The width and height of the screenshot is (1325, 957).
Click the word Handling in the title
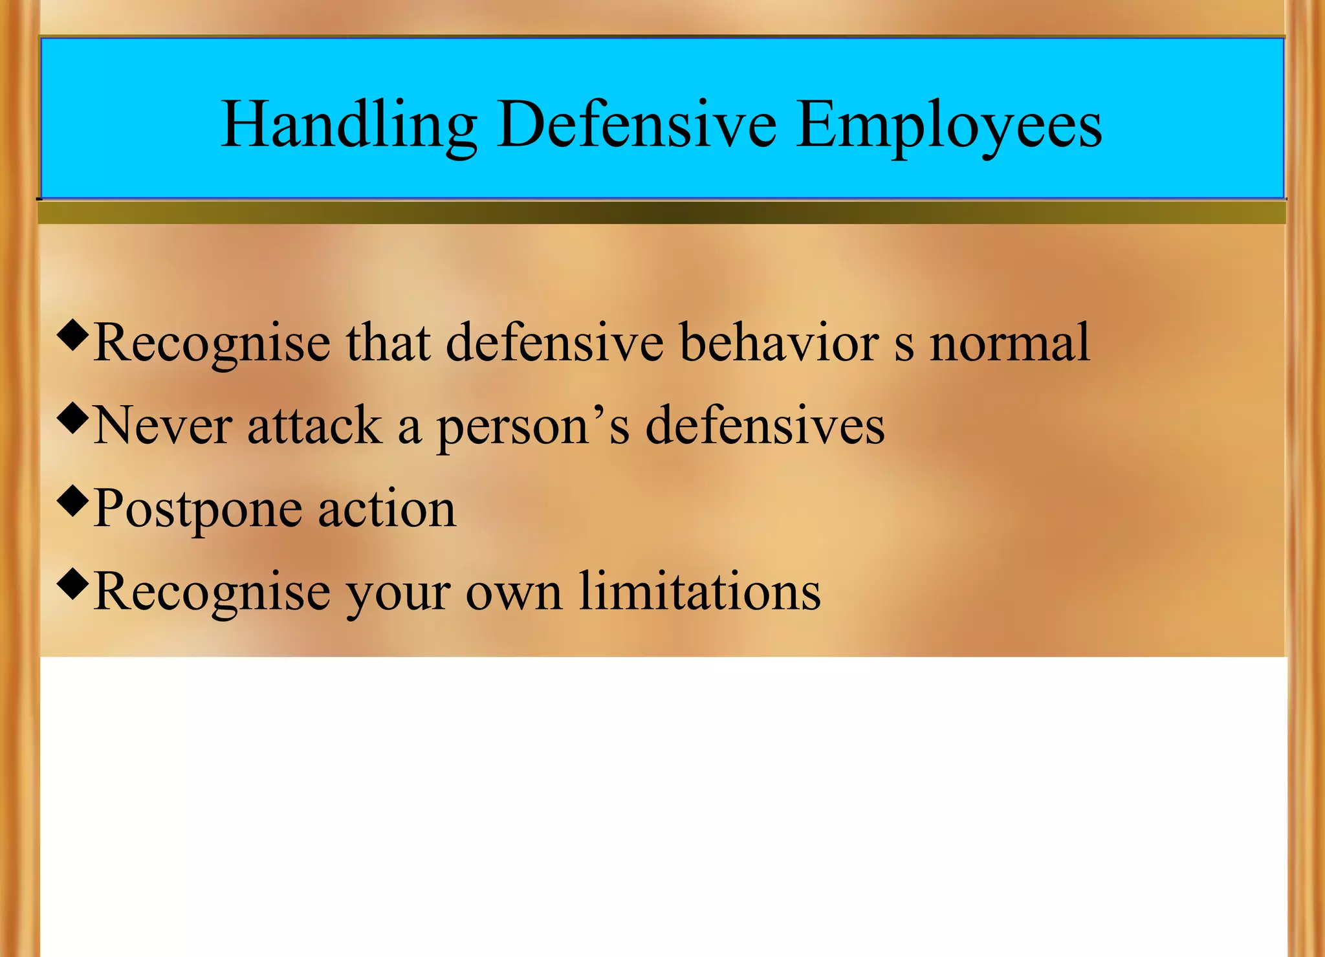pyautogui.click(x=349, y=126)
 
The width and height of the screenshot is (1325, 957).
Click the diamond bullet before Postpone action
pyautogui.click(x=72, y=501)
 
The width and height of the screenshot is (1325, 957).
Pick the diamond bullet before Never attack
pyautogui.click(x=72, y=418)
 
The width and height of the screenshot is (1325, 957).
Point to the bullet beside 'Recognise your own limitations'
pyautogui.click(x=72, y=584)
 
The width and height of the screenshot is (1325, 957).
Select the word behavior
pyautogui.click(x=779, y=343)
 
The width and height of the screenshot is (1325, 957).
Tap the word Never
pyautogui.click(x=162, y=426)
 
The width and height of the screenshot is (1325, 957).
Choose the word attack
pyautogui.click(x=315, y=426)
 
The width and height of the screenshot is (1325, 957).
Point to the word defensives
pyautogui.click(x=765, y=426)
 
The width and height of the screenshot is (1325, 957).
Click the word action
pyautogui.click(x=387, y=510)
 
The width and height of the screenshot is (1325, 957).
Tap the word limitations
pyautogui.click(x=699, y=591)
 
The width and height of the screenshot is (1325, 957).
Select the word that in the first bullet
pyautogui.click(x=388, y=343)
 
